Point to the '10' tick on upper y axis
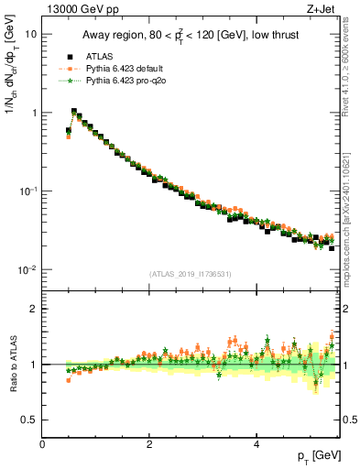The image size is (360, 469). point(30,34)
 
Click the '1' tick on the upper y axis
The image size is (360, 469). point(33,113)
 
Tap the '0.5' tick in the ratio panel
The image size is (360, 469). point(28,420)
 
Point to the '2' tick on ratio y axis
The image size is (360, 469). point(33,309)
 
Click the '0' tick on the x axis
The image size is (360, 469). point(42,444)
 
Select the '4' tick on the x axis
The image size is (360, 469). point(256,444)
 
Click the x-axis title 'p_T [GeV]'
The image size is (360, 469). point(313,456)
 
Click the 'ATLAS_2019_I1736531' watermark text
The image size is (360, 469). point(190,274)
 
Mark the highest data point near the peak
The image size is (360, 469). point(74,111)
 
